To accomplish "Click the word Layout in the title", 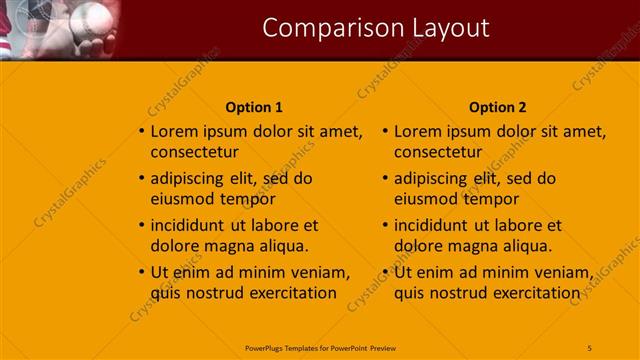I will pos(443,28).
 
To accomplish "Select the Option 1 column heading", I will pos(254,107).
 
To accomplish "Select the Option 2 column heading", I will pos(497,107).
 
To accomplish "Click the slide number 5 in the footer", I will pos(590,346).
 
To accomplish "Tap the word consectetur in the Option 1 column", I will pos(194,152).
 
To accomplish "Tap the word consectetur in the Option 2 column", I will pos(438,152).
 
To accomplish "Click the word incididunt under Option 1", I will pos(188,225).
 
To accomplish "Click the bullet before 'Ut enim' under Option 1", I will pos(140,272).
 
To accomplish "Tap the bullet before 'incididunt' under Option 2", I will pos(384,225).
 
